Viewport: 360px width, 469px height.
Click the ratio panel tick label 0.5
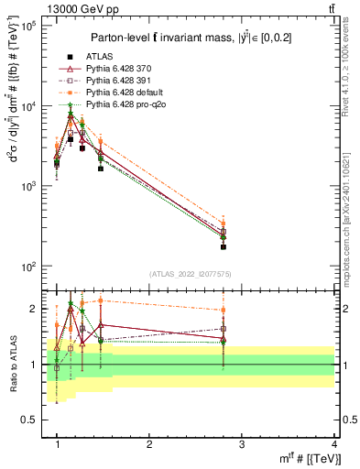[31, 420]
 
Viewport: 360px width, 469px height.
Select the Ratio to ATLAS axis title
[13, 365]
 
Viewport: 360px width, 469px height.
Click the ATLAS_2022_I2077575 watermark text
[190, 274]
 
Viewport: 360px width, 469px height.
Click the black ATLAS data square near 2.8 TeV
[248, 247]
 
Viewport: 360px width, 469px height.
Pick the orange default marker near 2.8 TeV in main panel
[248, 223]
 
